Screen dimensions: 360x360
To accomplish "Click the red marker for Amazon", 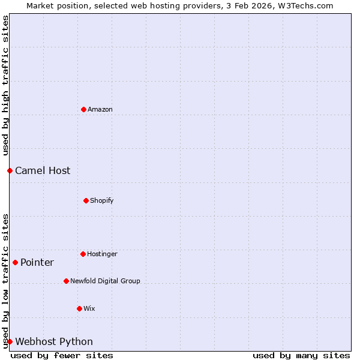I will (84, 109).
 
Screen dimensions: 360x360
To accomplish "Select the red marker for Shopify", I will (86, 200).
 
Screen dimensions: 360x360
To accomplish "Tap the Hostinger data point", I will (83, 254).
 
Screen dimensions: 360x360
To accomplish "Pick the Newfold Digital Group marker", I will (67, 281).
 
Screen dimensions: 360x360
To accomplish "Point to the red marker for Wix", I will (79, 308).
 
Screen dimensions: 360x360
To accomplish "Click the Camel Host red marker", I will (10, 170).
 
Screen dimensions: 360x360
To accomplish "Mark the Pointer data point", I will (16, 262).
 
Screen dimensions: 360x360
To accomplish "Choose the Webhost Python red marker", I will (10, 341).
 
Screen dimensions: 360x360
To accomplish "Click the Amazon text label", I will (100, 109).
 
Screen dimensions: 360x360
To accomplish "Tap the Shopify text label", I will (102, 200).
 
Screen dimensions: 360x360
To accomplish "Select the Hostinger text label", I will (102, 254).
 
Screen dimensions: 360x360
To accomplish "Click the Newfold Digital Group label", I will (105, 281).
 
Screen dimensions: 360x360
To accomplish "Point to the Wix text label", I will (89, 308).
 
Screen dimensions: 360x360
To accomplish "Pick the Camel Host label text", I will (43, 170).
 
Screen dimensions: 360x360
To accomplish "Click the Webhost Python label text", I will (54, 341).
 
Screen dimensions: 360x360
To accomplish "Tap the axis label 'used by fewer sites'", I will (62, 355).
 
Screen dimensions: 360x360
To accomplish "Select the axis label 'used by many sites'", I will (301, 355).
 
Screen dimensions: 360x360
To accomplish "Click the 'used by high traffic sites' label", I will (5, 85).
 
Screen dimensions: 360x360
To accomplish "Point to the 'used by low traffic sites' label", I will (5, 280).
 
